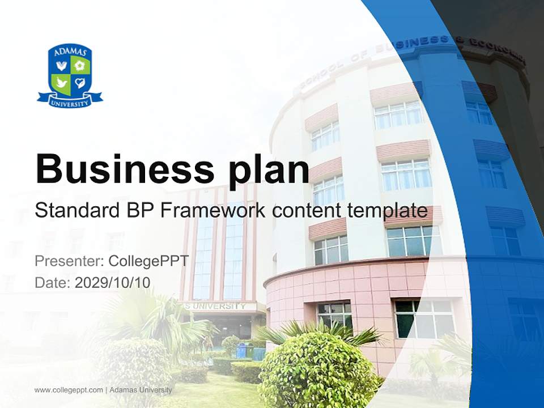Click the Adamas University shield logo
70,75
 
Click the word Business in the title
125,169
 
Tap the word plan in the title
269,172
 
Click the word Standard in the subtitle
78,210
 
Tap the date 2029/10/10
112,282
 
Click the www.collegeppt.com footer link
69,390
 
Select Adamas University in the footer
141,390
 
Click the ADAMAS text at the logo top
70,52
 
